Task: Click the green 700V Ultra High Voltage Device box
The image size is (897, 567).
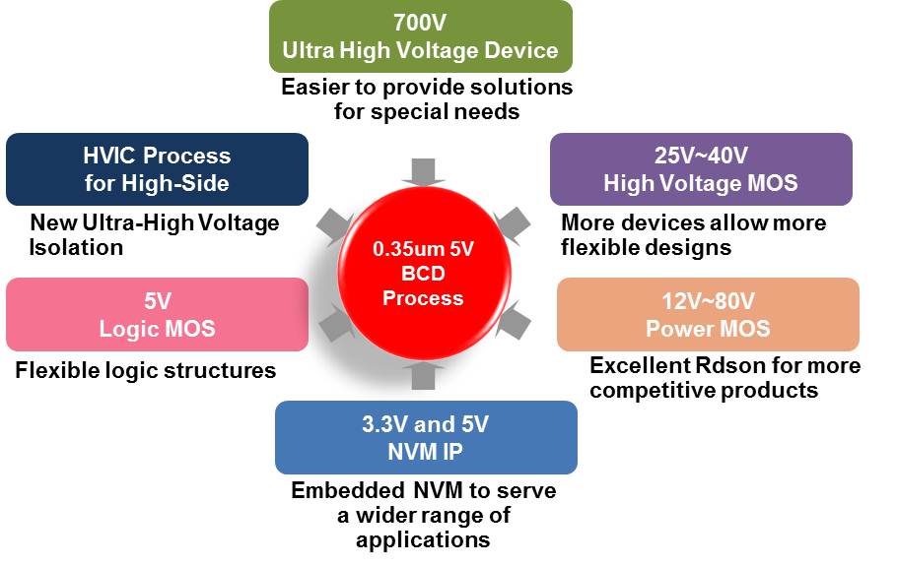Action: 421,36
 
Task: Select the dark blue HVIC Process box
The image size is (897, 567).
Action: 158,169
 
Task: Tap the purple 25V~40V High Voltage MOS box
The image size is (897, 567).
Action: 702,169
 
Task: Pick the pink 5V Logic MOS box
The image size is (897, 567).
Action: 158,314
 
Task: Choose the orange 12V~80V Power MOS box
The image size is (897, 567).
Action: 708,314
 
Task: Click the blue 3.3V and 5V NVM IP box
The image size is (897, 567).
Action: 426,437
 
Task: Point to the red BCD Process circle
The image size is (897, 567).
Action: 424,274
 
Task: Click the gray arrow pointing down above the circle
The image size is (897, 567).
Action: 423,172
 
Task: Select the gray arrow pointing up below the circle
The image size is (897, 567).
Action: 423,375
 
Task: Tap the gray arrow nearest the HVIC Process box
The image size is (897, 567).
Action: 335,225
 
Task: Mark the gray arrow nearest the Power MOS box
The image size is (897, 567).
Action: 514,321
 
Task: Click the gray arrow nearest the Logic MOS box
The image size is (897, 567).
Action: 335,323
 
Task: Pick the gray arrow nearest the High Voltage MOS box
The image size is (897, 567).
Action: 512,225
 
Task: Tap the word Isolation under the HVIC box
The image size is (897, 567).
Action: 76,247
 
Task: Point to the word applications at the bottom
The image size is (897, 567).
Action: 423,539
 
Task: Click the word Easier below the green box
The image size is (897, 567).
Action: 314,87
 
